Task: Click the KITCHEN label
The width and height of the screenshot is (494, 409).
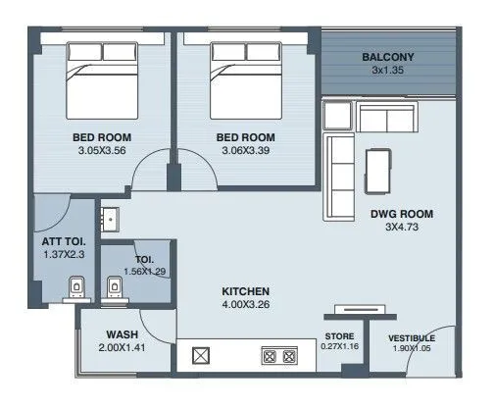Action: click(246, 292)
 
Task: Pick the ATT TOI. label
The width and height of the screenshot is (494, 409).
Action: click(62, 240)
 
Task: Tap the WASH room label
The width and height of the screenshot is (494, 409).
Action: click(121, 332)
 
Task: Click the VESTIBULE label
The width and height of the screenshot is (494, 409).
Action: click(412, 337)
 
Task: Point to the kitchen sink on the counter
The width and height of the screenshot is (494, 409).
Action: click(201, 356)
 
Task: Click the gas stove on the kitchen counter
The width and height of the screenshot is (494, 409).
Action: click(281, 356)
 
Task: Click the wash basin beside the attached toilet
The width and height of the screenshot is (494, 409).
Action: click(110, 217)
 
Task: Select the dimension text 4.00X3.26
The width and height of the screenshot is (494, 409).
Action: click(246, 306)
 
